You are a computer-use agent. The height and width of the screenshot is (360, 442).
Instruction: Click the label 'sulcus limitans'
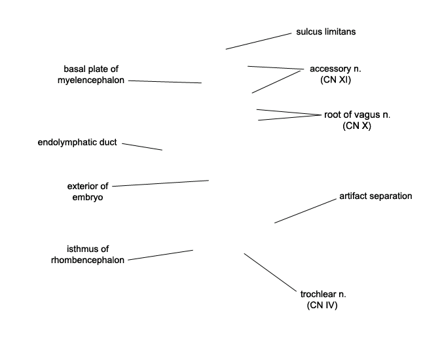click(326, 32)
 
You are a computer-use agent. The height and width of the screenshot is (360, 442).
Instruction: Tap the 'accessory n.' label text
click(335, 69)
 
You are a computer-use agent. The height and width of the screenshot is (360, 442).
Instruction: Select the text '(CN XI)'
click(335, 80)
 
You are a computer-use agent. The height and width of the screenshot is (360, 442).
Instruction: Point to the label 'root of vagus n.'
click(357, 115)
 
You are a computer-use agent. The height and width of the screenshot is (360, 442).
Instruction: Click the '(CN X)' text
click(357, 126)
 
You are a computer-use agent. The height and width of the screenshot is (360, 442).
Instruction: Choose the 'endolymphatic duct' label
click(77, 142)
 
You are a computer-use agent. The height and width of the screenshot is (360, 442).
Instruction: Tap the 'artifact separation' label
click(375, 196)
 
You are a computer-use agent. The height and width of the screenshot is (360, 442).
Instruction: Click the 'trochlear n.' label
click(323, 294)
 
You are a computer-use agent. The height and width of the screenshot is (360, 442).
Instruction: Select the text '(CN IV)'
click(322, 305)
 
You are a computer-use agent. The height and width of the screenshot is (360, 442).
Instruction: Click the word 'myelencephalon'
click(91, 80)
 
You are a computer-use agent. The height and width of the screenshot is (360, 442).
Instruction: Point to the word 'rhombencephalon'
click(88, 260)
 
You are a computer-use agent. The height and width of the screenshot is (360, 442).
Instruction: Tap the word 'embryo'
click(88, 197)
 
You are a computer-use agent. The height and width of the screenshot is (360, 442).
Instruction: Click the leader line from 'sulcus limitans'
click(259, 41)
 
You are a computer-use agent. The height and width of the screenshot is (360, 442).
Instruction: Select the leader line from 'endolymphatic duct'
click(142, 147)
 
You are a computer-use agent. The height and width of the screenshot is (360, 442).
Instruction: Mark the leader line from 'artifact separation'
click(305, 211)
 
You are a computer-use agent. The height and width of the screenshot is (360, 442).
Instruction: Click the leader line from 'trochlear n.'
click(270, 272)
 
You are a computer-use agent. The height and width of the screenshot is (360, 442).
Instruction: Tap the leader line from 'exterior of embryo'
click(160, 183)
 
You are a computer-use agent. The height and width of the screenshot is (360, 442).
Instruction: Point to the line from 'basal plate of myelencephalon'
click(165, 82)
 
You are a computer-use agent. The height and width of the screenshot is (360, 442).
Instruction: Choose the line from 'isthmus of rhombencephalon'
click(160, 255)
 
